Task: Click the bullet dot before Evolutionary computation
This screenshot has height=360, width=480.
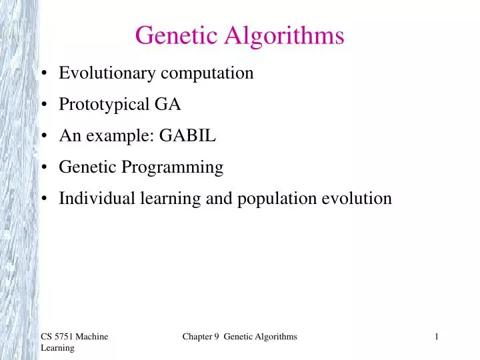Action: [43, 73]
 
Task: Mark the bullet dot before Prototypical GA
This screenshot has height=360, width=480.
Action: [43, 105]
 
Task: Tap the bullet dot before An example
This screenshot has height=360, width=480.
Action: [43, 137]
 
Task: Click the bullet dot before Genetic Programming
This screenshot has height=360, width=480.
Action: [43, 168]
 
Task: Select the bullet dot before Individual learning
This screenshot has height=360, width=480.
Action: [43, 199]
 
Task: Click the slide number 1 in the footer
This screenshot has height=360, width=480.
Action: [436, 337]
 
